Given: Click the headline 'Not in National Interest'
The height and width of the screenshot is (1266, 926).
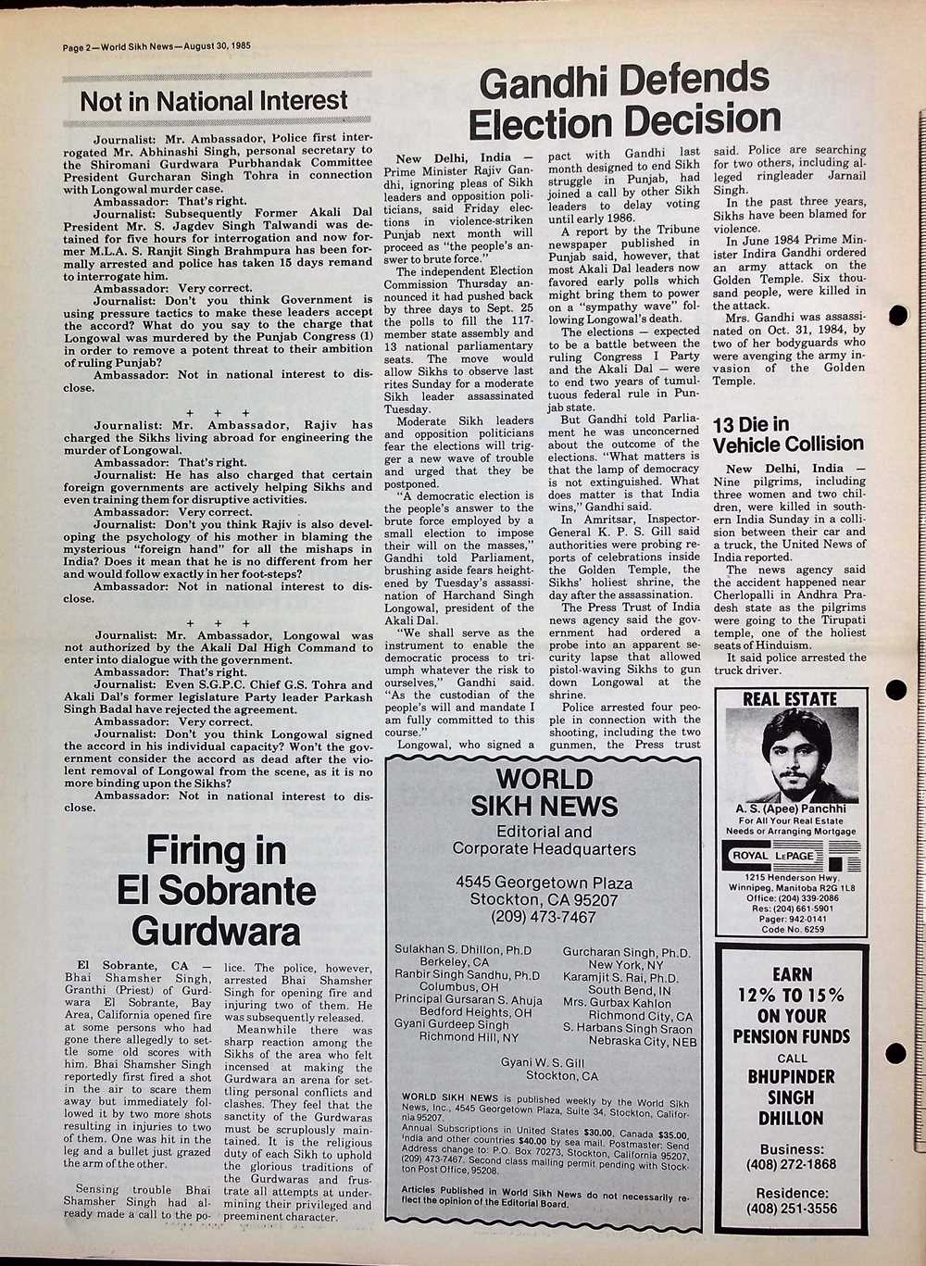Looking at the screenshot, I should click(214, 101).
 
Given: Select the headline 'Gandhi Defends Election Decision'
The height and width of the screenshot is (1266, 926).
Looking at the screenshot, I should click(624, 101).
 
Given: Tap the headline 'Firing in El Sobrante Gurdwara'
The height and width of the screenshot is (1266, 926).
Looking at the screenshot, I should click(216, 890).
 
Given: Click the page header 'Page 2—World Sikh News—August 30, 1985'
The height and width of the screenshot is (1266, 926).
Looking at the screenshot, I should click(156, 45).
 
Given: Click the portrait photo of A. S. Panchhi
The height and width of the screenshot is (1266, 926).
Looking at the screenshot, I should click(791, 755).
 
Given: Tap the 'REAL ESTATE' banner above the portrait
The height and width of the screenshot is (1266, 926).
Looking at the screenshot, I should click(790, 699).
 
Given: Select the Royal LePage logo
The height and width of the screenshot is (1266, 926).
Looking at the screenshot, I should click(790, 856).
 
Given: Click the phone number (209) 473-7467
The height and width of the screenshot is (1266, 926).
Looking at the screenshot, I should click(544, 917).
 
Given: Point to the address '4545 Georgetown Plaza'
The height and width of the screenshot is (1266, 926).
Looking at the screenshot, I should click(544, 883).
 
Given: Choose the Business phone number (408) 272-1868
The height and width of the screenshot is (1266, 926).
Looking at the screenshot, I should click(792, 1164).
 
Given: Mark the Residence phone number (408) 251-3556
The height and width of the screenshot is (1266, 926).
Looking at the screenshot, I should click(792, 1209).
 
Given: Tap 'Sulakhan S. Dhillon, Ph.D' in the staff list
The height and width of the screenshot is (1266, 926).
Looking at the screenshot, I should click(463, 950).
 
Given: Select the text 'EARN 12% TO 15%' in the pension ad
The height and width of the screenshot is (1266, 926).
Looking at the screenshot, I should click(792, 985).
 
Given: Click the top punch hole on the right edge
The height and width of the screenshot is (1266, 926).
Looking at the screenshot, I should click(896, 315).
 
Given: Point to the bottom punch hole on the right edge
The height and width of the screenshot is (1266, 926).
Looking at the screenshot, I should click(896, 1053).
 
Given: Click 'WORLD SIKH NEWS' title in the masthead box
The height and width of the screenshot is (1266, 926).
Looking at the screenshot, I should click(544, 793).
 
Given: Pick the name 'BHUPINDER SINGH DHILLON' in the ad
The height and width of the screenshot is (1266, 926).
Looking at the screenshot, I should click(792, 1097).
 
